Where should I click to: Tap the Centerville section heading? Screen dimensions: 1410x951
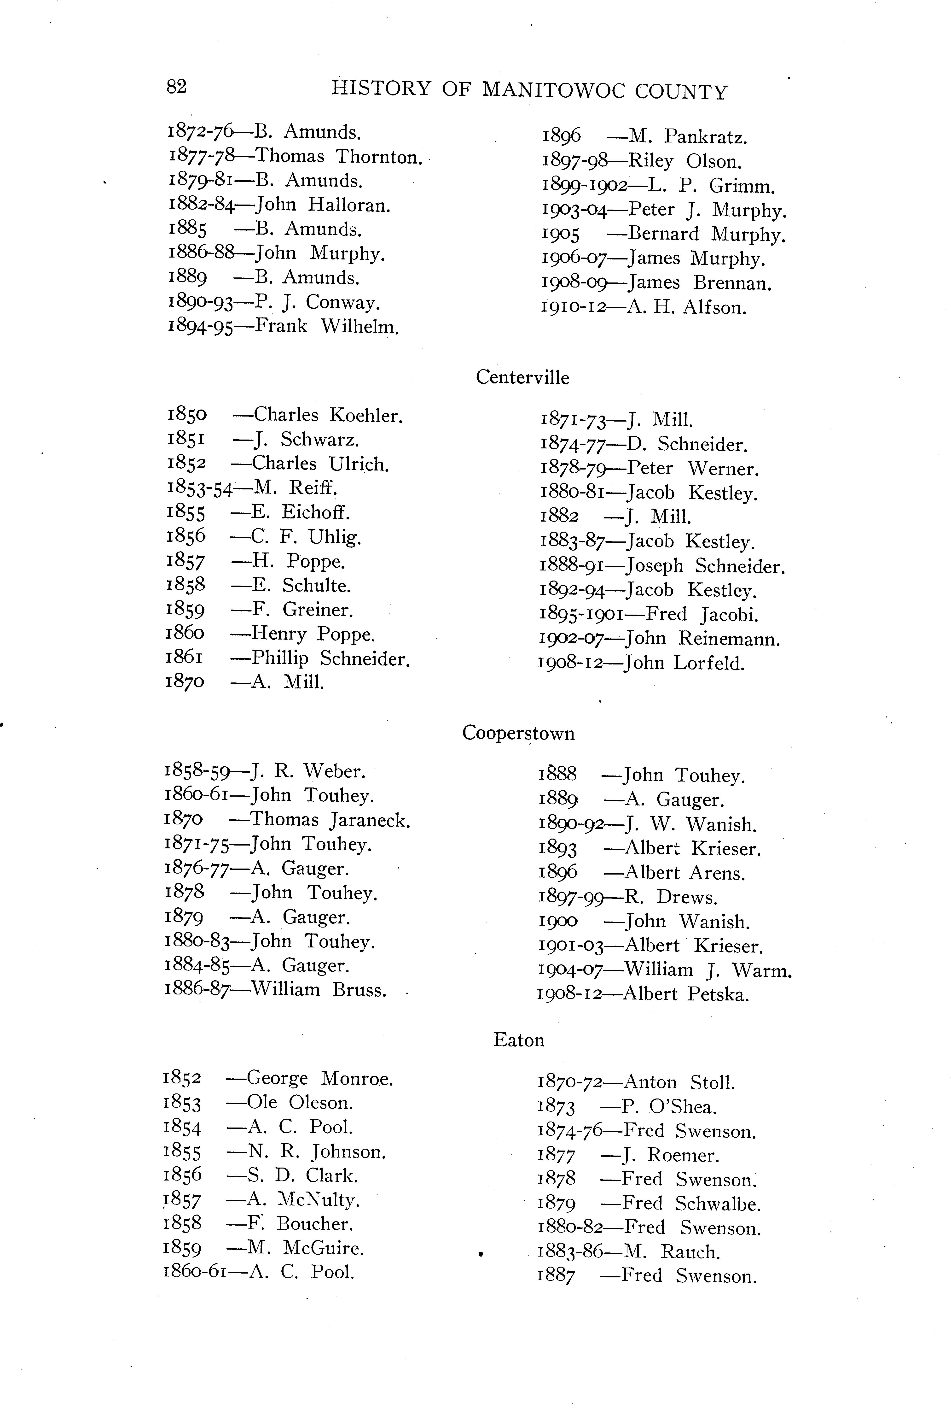[x=522, y=377]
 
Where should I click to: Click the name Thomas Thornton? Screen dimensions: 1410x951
[x=338, y=157]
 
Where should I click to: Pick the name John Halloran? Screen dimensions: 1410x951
[x=323, y=205]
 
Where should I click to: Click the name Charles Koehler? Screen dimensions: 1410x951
[x=328, y=416]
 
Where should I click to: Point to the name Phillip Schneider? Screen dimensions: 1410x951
[x=331, y=658]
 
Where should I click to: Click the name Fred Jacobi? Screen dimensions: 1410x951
[x=702, y=615]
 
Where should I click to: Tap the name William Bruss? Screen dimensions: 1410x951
[x=319, y=990]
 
